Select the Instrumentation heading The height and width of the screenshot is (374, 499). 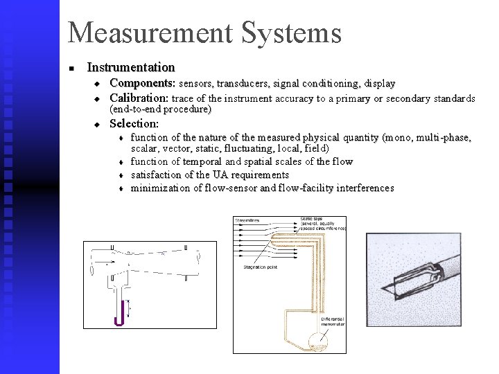[x=130, y=68]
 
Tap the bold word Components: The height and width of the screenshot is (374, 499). [x=143, y=83]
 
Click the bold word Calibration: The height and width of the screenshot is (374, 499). [x=139, y=98]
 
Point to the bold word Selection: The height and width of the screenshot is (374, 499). [x=134, y=124]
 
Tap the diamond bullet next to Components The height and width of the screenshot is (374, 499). [x=98, y=84]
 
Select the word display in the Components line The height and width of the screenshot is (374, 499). [x=378, y=84]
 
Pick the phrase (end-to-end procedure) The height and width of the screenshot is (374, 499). [x=161, y=109]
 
